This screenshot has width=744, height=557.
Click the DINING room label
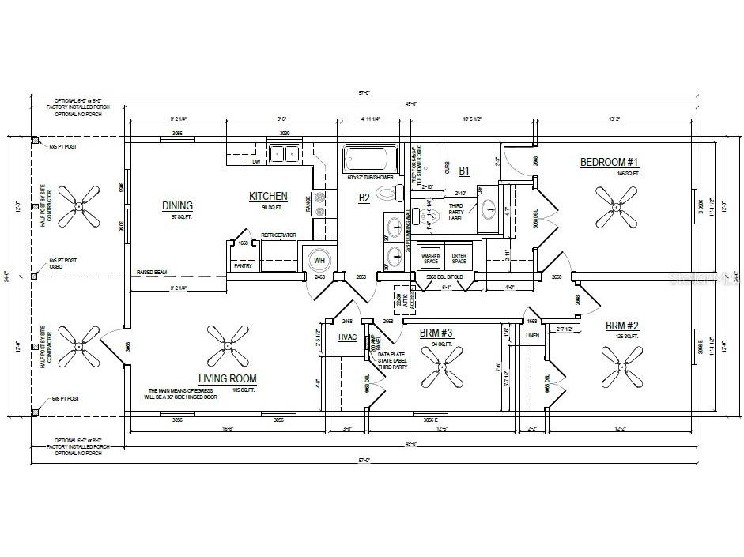[177, 206]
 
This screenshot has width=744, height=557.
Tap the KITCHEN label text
[268, 197]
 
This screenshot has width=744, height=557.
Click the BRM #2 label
[622, 326]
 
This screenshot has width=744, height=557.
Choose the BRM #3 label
[435, 333]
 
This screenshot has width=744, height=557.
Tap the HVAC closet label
[349, 337]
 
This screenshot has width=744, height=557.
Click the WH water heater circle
[320, 260]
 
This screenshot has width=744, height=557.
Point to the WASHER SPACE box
[431, 258]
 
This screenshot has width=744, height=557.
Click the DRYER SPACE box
[459, 258]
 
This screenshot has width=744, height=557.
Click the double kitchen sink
[283, 153]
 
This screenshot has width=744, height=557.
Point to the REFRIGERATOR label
[278, 235]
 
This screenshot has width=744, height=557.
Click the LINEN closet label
[533, 336]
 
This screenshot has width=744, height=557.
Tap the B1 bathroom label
[464, 170]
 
